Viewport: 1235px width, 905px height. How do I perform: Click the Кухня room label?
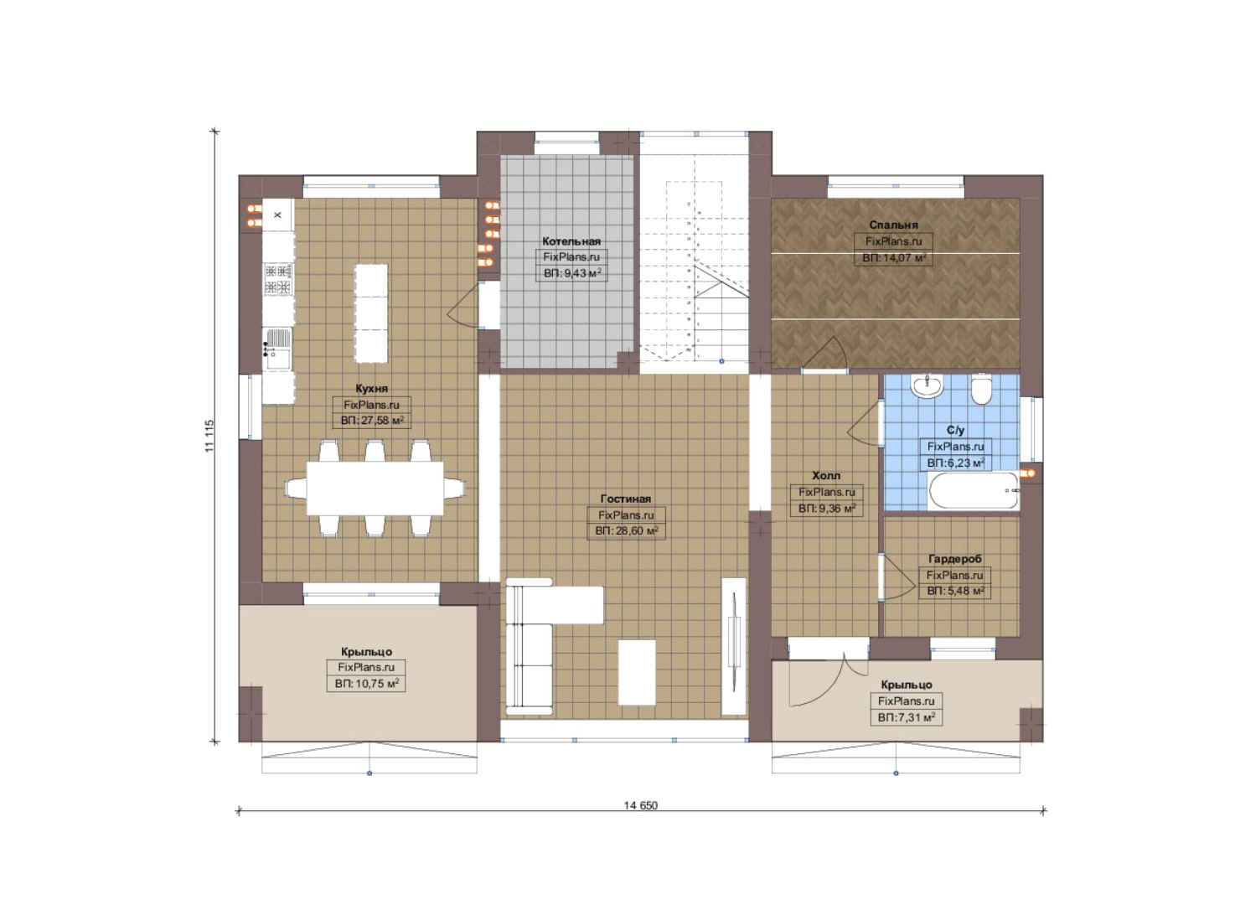click(371, 388)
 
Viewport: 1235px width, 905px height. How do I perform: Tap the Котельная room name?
click(571, 241)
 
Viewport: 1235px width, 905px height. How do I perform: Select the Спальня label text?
click(894, 225)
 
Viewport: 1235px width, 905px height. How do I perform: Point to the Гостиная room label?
click(626, 499)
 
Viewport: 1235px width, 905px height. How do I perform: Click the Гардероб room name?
click(955, 559)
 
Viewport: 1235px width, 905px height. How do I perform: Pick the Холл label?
click(826, 475)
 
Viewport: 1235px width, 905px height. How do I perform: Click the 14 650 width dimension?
click(641, 805)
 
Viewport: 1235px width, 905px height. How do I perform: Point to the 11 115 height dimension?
click(209, 437)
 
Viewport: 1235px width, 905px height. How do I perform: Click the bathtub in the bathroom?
click(974, 491)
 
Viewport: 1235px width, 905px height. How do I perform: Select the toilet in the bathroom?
click(981, 390)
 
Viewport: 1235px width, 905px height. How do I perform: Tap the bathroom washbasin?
click(927, 386)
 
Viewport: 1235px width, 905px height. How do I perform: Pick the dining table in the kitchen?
click(375, 488)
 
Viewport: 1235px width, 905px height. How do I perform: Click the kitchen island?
click(370, 313)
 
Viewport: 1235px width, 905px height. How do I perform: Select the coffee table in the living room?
click(637, 672)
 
